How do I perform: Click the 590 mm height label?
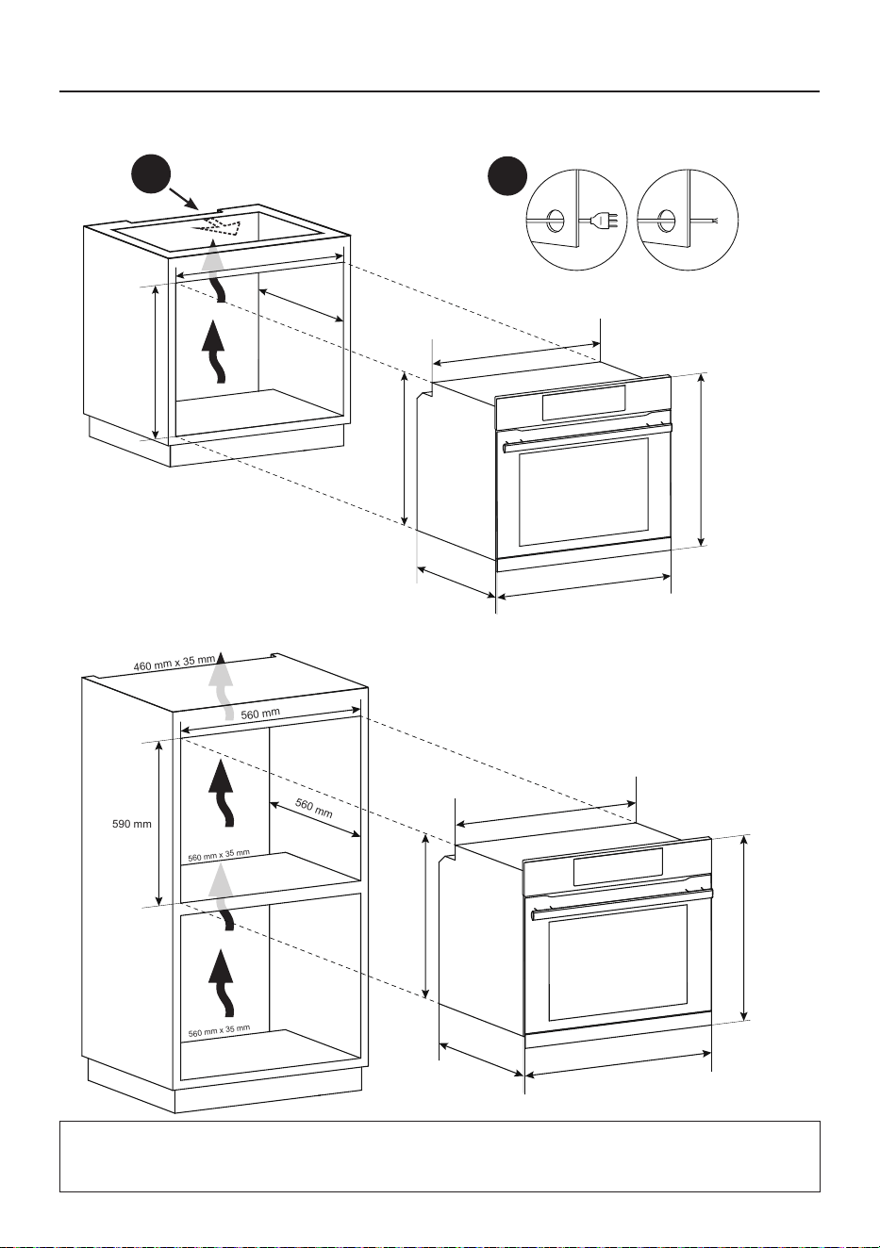(x=132, y=824)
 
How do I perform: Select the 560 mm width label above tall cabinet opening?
(x=260, y=714)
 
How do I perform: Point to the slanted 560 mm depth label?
(x=313, y=809)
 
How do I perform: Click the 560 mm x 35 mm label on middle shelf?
(x=219, y=855)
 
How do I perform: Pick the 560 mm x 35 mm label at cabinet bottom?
(x=219, y=1031)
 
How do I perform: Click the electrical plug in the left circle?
(x=606, y=221)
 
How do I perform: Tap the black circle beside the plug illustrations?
(x=506, y=175)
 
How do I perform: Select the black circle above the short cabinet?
(x=151, y=174)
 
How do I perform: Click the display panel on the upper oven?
(x=583, y=402)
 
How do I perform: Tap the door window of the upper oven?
(x=584, y=492)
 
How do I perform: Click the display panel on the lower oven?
(x=618, y=867)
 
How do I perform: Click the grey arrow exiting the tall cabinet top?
(x=223, y=686)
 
